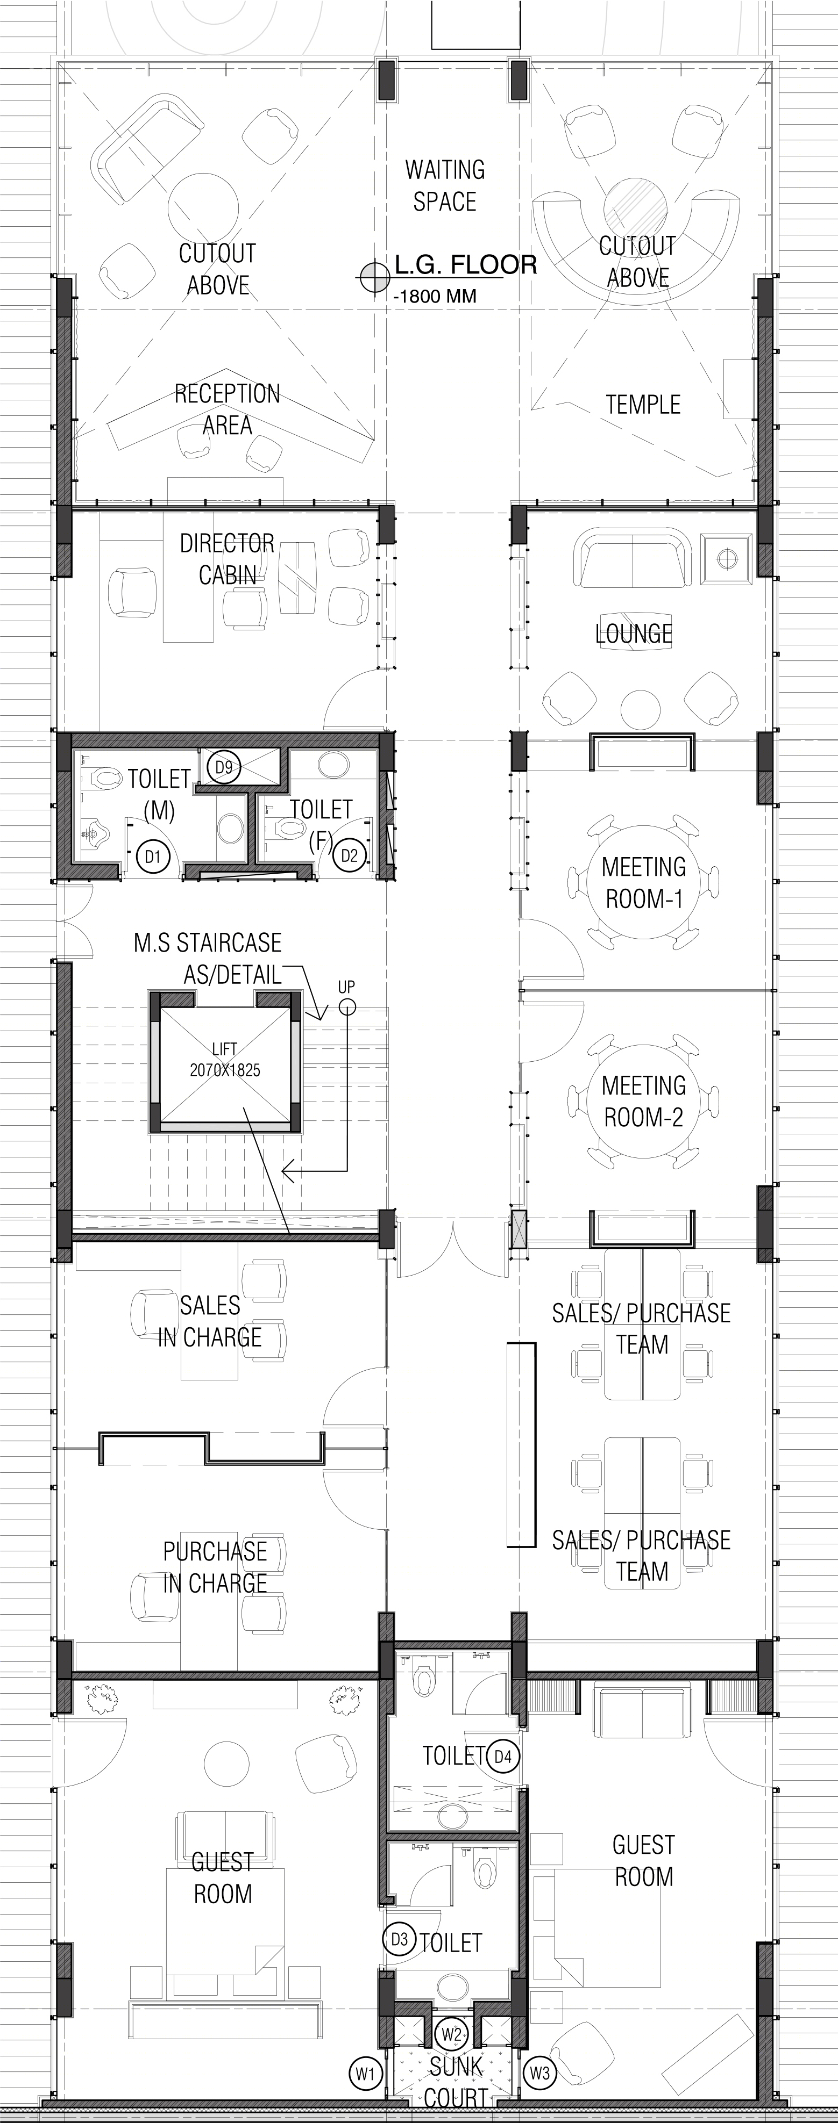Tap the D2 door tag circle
tap(350, 855)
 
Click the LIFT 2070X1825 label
tap(224, 1060)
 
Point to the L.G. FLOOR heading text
tap(466, 264)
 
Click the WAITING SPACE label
tap(445, 185)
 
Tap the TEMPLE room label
tap(643, 405)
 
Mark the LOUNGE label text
tap(634, 634)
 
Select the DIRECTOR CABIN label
tap(227, 559)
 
